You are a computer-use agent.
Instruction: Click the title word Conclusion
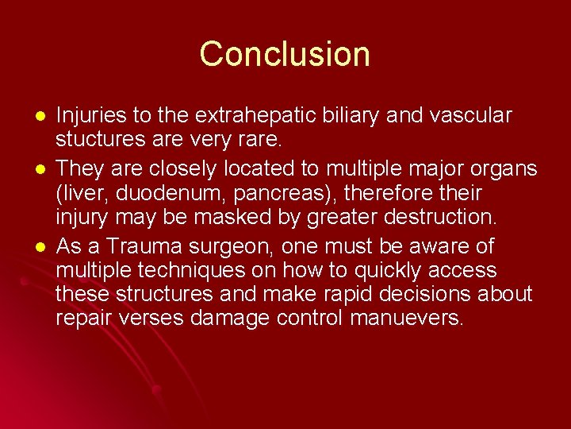[285, 54]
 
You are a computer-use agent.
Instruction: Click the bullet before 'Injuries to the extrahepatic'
[31, 116]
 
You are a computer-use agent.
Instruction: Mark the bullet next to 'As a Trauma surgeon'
[31, 246]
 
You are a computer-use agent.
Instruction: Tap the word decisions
[435, 294]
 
